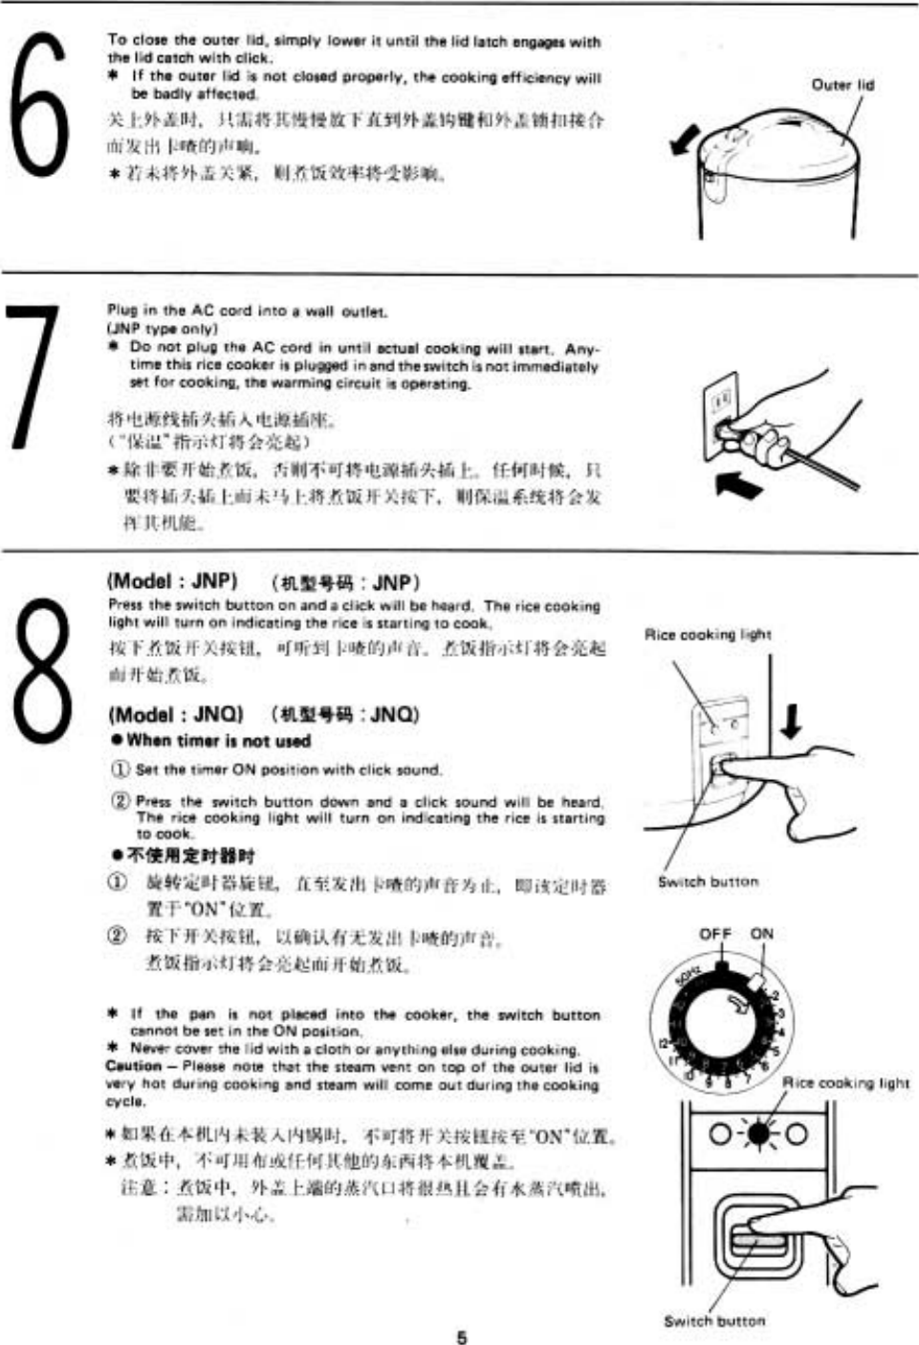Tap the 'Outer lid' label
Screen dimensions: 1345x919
[x=842, y=84]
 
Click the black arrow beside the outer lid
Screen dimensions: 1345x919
[x=685, y=141]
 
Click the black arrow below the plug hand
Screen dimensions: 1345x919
[x=739, y=486]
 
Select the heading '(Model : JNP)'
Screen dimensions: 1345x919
[x=172, y=581]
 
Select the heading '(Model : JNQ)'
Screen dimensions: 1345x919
[x=176, y=714]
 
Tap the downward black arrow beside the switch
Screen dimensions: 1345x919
[x=790, y=719]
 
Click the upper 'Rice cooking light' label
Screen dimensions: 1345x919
[x=708, y=634]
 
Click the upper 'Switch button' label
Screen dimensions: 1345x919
[x=708, y=881]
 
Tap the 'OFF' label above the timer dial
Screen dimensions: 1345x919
[x=715, y=933]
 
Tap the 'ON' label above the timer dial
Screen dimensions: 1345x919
[x=762, y=933]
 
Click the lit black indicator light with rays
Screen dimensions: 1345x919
[x=758, y=1135]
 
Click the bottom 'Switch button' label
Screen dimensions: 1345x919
[x=714, y=1320]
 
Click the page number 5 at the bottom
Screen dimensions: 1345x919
[x=461, y=1336]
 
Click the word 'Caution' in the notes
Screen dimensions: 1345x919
[x=133, y=1066]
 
